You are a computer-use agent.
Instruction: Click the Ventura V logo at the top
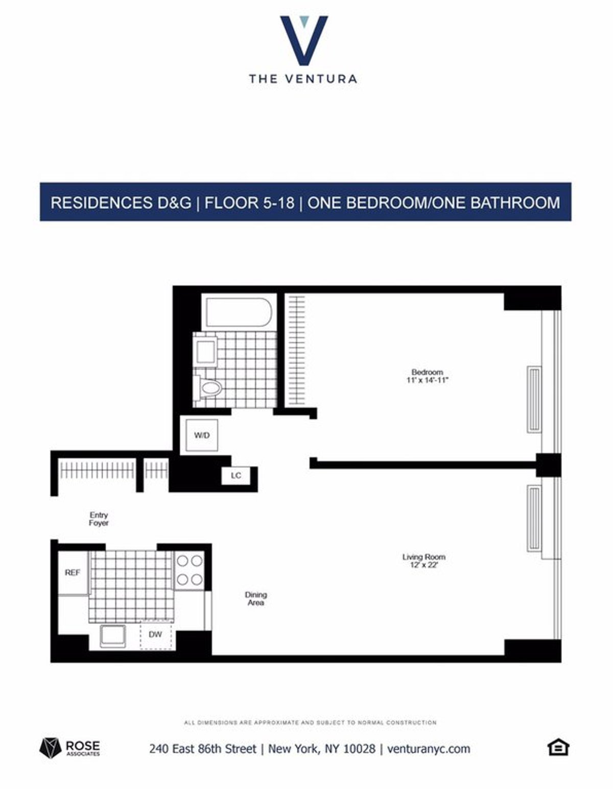[303, 40]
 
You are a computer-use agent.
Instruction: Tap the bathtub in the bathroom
[238, 312]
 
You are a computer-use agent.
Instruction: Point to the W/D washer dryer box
[202, 435]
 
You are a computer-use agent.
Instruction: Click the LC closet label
[235, 476]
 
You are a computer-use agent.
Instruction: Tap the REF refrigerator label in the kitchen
[73, 573]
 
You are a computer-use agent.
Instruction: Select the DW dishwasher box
[156, 635]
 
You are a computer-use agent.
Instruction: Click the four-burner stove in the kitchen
[189, 570]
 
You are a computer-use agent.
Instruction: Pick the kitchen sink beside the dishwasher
[112, 635]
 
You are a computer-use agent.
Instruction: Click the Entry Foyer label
[99, 519]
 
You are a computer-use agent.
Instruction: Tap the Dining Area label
[256, 599]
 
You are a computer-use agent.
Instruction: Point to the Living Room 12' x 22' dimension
[423, 565]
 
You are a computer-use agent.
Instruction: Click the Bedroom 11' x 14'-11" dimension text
[428, 380]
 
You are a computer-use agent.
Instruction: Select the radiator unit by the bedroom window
[534, 399]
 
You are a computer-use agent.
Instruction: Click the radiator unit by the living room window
[534, 518]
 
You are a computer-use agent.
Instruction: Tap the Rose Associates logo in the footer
[70, 748]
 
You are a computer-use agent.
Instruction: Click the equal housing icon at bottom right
[558, 748]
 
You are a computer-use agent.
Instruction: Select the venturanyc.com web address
[429, 749]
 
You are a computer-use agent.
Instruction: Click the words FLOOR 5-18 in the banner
[249, 203]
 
